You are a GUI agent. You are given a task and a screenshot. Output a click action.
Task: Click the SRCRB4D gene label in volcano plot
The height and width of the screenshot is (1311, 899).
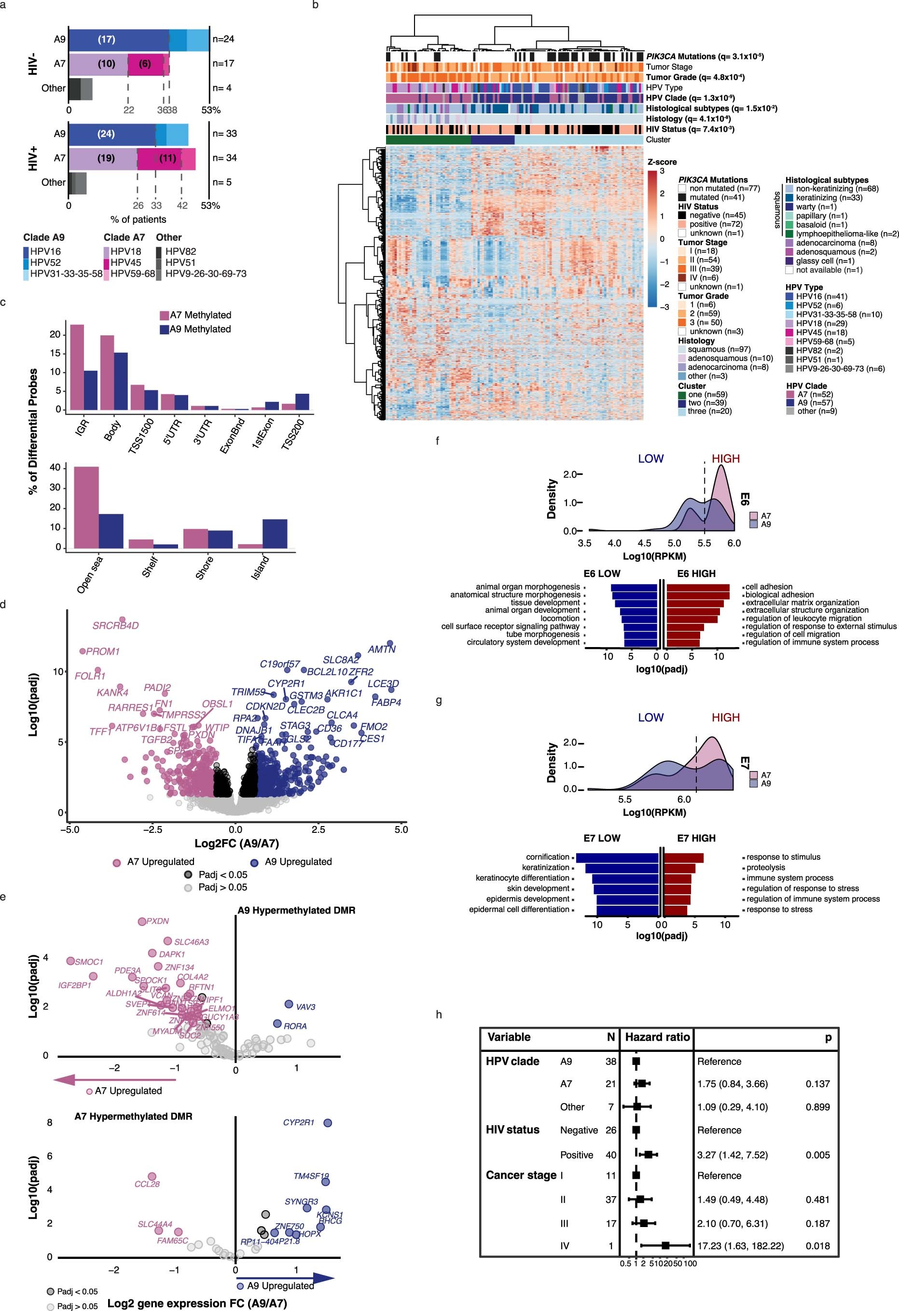click(116, 626)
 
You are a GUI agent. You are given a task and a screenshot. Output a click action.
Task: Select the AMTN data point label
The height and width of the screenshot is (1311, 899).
click(382, 649)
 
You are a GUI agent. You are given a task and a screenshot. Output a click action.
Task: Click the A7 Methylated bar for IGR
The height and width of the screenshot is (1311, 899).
click(77, 367)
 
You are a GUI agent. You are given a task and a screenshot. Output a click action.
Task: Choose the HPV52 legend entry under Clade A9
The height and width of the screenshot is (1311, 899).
click(45, 262)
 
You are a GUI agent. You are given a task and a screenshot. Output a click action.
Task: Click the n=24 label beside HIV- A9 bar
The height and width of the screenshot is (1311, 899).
click(223, 39)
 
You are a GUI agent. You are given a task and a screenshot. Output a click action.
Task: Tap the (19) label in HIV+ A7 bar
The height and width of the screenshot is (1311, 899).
click(106, 158)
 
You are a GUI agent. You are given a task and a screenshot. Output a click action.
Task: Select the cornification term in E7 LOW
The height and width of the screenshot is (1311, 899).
click(547, 857)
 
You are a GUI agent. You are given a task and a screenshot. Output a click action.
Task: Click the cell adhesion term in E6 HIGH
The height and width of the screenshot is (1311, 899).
click(769, 587)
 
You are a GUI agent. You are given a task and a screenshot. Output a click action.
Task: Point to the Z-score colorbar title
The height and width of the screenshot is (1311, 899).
click(662, 162)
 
